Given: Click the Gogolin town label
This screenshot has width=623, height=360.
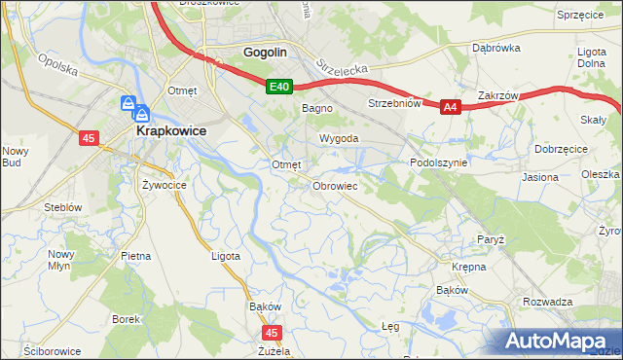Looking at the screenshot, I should click(x=262, y=54).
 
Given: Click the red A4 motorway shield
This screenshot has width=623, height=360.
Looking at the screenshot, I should click(x=450, y=108).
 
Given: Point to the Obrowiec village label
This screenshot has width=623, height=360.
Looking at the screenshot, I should click(x=336, y=185).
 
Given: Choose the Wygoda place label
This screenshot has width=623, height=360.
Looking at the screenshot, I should click(x=334, y=139).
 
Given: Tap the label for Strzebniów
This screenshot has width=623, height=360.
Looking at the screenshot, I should click(x=393, y=103).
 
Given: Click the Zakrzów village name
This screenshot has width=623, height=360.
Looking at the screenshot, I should click(x=497, y=96).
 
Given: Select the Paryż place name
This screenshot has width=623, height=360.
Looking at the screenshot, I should click(x=490, y=239).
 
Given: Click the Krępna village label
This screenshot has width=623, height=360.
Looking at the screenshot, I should click(x=468, y=266).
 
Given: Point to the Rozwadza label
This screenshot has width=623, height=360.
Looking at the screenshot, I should click(x=547, y=302).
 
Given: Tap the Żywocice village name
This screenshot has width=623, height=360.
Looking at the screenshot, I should click(x=164, y=183).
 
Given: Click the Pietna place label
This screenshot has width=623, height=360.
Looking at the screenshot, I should click(x=135, y=256).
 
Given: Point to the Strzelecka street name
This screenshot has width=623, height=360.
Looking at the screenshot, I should click(x=340, y=69).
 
